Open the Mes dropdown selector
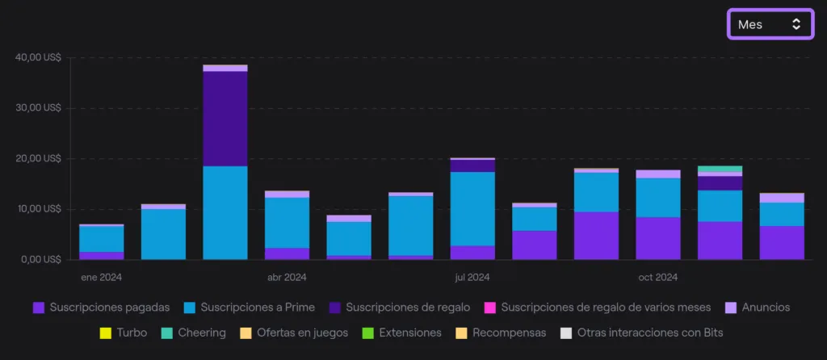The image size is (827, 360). tap(770, 24)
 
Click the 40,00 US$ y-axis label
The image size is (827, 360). tap(38, 57)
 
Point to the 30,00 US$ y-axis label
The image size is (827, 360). tap(38, 108)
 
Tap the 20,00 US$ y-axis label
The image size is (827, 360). tap(38, 158)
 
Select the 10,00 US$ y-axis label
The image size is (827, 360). tap(38, 209)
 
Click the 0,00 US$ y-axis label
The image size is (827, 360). tap(40, 260)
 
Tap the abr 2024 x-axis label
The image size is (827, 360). tap(287, 278)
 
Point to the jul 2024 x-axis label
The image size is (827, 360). tap(472, 278)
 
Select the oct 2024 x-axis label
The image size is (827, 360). tap(657, 278)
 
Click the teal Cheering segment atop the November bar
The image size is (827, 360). tap(720, 169)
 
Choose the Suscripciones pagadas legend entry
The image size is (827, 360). tap(102, 308)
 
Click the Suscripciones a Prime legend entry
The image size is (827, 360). tap(250, 308)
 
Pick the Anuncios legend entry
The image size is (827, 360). tap(758, 308)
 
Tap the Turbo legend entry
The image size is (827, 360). tap(123, 333)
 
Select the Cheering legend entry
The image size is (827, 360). tap(193, 333)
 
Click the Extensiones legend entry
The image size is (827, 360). tap(402, 333)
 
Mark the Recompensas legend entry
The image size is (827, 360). tap(502, 333)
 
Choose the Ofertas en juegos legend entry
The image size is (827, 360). tap(295, 333)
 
